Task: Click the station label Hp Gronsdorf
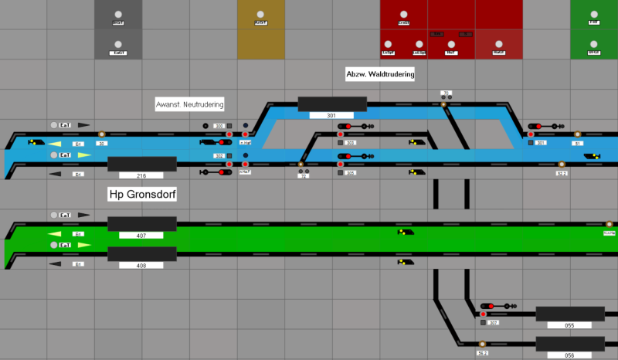tap(142, 194)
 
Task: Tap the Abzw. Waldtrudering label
tap(380, 74)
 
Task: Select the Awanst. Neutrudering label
tap(190, 104)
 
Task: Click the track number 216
tap(142, 176)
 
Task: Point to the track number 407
tap(141, 235)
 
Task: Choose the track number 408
tap(141, 265)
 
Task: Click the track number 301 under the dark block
tap(332, 115)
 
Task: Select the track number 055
tap(570, 325)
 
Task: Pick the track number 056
tap(570, 355)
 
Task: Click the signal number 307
tap(494, 323)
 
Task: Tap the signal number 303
tap(351, 143)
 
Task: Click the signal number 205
tap(351, 173)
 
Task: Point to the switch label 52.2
tap(562, 173)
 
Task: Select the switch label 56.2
tap(482, 353)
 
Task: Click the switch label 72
tap(303, 176)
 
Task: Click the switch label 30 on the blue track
tap(103, 143)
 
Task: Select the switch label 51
tap(578, 143)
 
